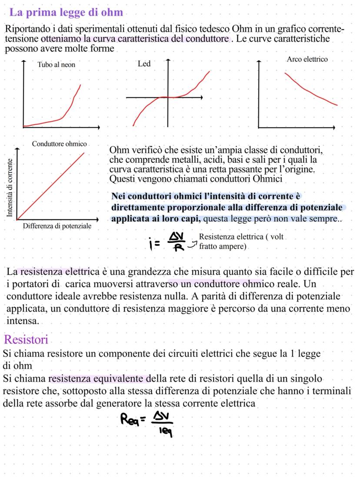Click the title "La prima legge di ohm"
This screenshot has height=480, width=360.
(x=66, y=12)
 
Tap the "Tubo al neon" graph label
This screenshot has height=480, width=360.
(x=56, y=64)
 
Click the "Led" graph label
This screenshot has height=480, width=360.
(x=144, y=64)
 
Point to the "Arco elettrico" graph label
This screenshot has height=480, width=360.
(x=307, y=59)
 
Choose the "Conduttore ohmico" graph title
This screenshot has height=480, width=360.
(x=59, y=144)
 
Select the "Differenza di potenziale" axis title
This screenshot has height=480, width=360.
(x=57, y=226)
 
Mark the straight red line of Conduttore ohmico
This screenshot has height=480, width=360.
(x=50, y=186)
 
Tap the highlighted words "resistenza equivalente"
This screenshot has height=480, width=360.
(x=100, y=379)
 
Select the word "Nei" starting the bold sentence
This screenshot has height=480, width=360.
(x=119, y=197)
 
